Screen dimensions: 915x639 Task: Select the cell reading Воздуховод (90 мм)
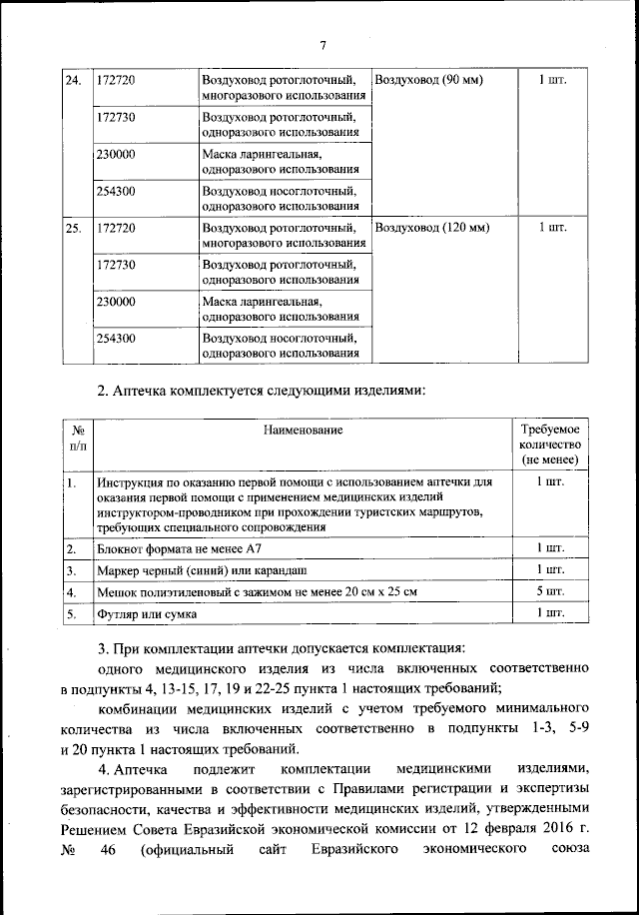coord(427,80)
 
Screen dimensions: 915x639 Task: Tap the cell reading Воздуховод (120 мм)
coord(431,227)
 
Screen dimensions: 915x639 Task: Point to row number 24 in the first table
coord(73,80)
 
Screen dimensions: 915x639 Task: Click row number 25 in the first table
coord(73,227)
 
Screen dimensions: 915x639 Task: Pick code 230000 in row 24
coord(117,155)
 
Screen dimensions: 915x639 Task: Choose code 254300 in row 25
coord(117,339)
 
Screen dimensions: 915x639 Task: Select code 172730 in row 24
coord(117,117)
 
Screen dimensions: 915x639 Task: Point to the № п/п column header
coord(76,437)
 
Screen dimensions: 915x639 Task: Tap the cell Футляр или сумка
coord(147,613)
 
